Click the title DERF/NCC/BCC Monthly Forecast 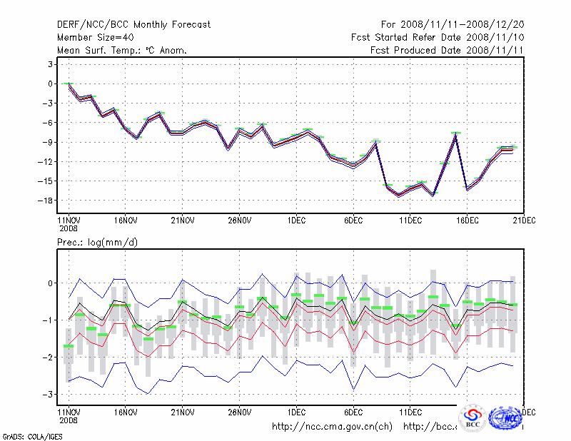(x=134, y=24)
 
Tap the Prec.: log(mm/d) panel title (x=98, y=243)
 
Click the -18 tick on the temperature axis (x=48, y=201)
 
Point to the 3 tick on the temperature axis (x=51, y=64)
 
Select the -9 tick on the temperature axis (x=48, y=142)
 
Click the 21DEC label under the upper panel (x=524, y=220)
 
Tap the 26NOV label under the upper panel (x=239, y=220)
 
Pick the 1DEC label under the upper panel (x=296, y=220)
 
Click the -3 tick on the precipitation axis (x=48, y=394)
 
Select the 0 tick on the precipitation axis (x=51, y=283)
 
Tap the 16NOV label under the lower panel (x=125, y=412)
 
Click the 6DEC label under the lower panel (x=353, y=412)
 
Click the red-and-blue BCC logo (x=473, y=418)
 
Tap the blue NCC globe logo (x=505, y=417)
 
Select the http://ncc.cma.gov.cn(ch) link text (x=332, y=427)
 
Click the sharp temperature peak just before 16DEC (x=455, y=133)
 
